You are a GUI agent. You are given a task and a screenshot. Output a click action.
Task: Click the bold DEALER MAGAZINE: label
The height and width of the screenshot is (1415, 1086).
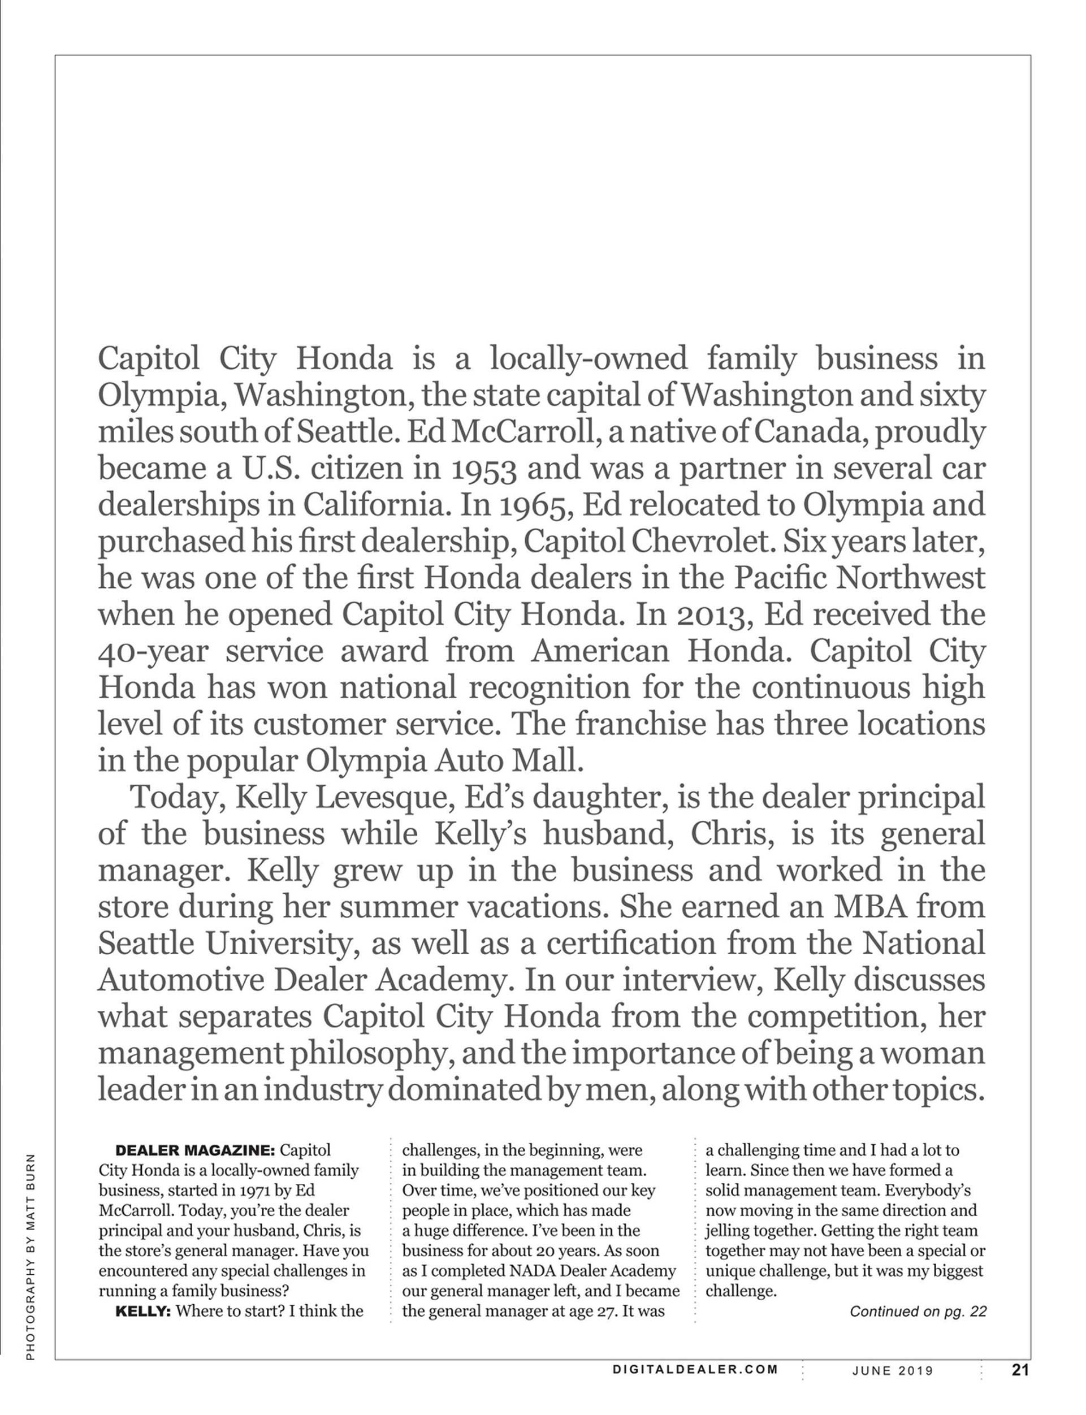coord(195,1150)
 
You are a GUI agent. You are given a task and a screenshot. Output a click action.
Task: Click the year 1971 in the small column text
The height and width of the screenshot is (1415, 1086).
coord(249,1191)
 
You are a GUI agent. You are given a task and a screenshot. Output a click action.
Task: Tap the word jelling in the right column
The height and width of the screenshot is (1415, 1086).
coord(728,1231)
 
